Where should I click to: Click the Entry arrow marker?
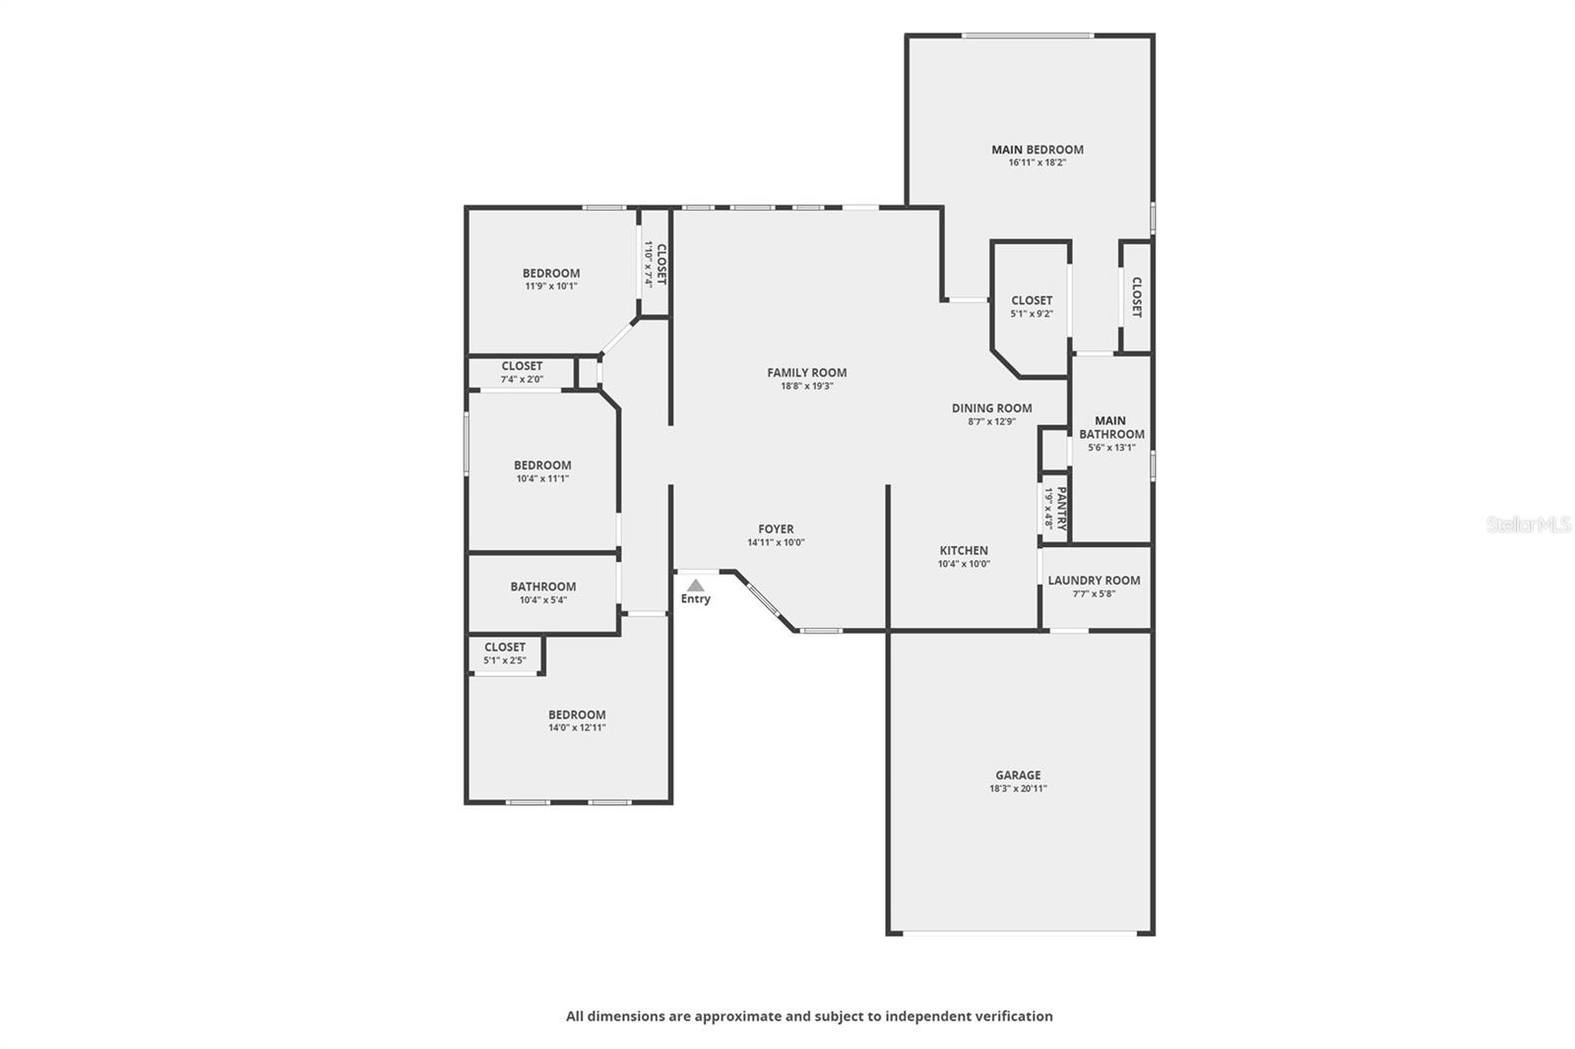[x=695, y=585]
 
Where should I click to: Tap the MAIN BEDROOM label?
[x=1038, y=150]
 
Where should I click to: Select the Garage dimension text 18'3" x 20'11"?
[x=1018, y=788]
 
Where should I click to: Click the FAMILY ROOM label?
[x=806, y=373]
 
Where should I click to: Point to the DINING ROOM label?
[x=991, y=407]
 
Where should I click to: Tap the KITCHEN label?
[x=964, y=550]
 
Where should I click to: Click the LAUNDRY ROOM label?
[x=1094, y=580]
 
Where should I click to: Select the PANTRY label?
[x=1062, y=509]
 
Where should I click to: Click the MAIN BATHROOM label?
[x=1111, y=427]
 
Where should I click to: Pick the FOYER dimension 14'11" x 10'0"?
[x=776, y=542]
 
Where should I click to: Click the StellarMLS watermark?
[x=1529, y=524]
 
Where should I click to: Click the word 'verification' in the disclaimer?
[x=1014, y=1016]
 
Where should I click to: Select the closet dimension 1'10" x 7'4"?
[x=649, y=265]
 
